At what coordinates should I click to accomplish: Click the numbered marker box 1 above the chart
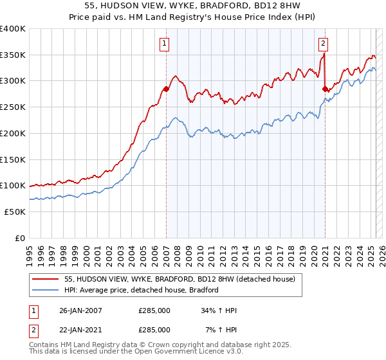point(165,44)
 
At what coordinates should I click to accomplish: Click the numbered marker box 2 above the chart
point(323,44)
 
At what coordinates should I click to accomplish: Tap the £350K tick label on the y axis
point(13,55)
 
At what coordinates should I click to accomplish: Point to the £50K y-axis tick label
point(15,212)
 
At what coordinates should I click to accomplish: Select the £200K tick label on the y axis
point(13,133)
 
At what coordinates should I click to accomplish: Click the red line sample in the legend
point(46,279)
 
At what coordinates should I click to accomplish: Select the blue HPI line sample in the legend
point(46,290)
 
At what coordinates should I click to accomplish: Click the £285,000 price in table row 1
point(154,310)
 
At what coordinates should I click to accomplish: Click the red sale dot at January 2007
point(166,89)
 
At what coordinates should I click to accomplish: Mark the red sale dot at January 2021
point(326,89)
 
